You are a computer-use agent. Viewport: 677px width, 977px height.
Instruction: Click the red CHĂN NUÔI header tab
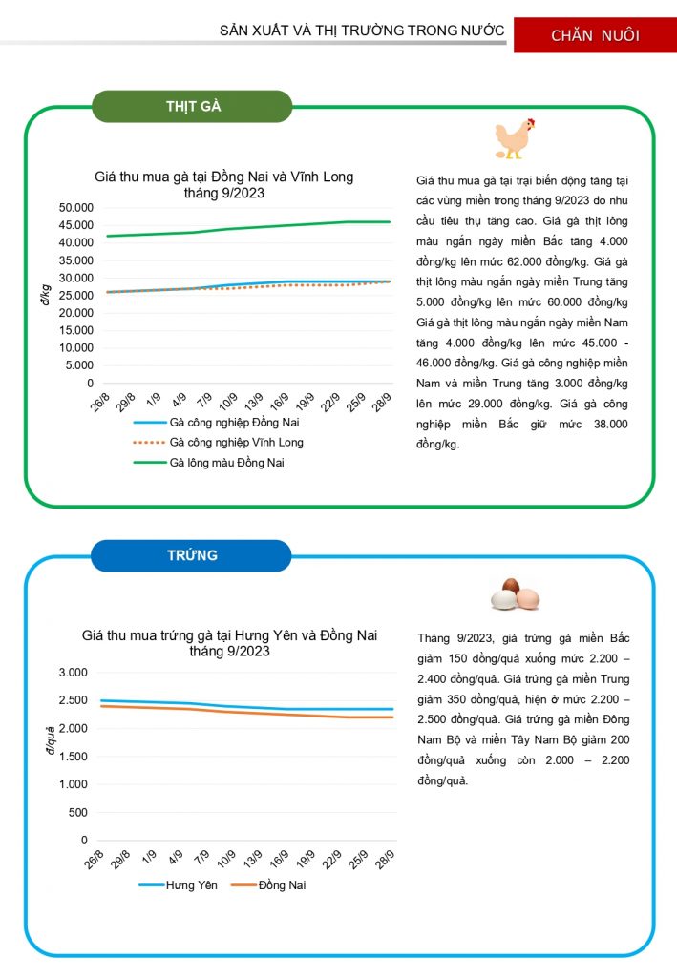pyautogui.click(x=595, y=35)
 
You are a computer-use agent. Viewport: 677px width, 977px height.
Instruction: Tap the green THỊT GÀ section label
pyautogui.click(x=192, y=106)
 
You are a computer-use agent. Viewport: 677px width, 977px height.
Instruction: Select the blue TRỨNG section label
pyautogui.click(x=191, y=555)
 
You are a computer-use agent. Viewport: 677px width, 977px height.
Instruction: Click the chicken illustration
pyautogui.click(x=515, y=139)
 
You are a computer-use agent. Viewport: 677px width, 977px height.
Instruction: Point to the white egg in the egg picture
pyautogui.click(x=503, y=599)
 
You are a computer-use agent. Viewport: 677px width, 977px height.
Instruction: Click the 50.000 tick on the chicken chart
pyautogui.click(x=74, y=208)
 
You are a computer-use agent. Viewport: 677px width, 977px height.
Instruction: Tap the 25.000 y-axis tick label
pyautogui.click(x=74, y=295)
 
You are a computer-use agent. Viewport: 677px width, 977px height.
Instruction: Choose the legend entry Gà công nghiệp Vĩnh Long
pyautogui.click(x=236, y=443)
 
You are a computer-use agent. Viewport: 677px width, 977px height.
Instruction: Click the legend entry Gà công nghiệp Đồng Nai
pyautogui.click(x=234, y=422)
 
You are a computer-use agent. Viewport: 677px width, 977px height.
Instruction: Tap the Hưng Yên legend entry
pyautogui.click(x=192, y=885)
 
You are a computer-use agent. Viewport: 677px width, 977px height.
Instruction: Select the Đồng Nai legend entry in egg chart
pyautogui.click(x=282, y=885)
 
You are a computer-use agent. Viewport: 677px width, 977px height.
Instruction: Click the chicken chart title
pyautogui.click(x=223, y=184)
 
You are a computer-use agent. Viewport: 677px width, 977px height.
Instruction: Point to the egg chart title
pyautogui.click(x=229, y=643)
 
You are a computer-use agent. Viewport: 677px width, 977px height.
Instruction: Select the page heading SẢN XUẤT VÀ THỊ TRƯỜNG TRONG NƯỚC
pyautogui.click(x=362, y=31)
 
